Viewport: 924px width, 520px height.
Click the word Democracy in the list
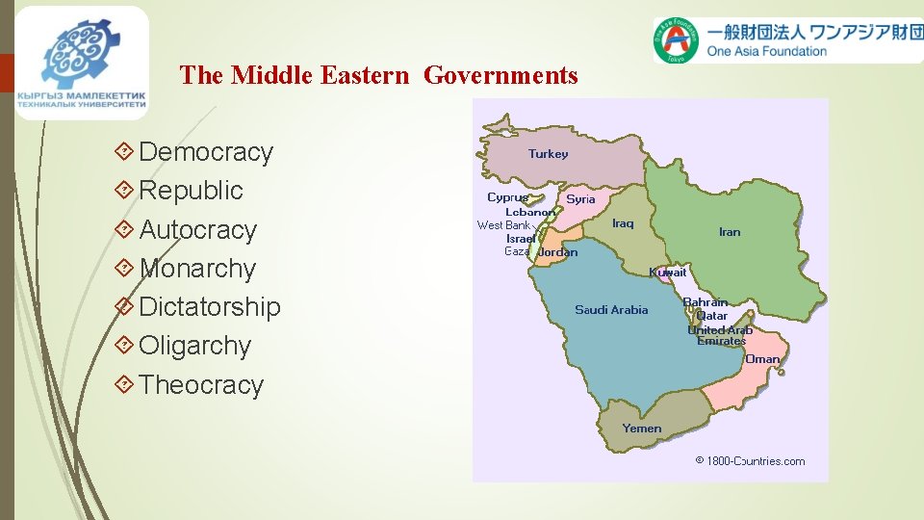pyautogui.click(x=206, y=152)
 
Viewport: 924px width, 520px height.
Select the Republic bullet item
pyautogui.click(x=191, y=191)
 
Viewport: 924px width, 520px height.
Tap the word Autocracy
pyautogui.click(x=198, y=230)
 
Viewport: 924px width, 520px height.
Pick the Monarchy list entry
pyautogui.click(x=197, y=269)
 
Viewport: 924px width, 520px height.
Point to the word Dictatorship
pyautogui.click(x=210, y=307)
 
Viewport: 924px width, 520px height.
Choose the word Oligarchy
pyautogui.click(x=194, y=346)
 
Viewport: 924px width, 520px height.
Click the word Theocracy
pyautogui.click(x=201, y=385)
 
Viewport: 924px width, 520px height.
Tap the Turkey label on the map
pyautogui.click(x=549, y=154)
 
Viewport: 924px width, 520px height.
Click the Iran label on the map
pyautogui.click(x=730, y=232)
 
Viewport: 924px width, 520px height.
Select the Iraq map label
pyautogui.click(x=623, y=223)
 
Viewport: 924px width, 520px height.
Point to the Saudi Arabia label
pyautogui.click(x=611, y=310)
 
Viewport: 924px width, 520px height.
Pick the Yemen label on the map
pyautogui.click(x=641, y=429)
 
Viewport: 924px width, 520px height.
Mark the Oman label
pyautogui.click(x=762, y=359)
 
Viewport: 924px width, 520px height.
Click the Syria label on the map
pyautogui.click(x=580, y=199)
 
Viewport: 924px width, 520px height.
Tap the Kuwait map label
pyautogui.click(x=668, y=273)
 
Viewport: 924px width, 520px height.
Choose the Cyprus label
pyautogui.click(x=507, y=197)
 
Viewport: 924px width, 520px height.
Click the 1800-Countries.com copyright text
pyautogui.click(x=750, y=461)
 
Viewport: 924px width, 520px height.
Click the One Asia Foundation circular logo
pyautogui.click(x=678, y=40)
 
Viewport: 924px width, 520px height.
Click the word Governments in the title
pyautogui.click(x=500, y=75)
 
